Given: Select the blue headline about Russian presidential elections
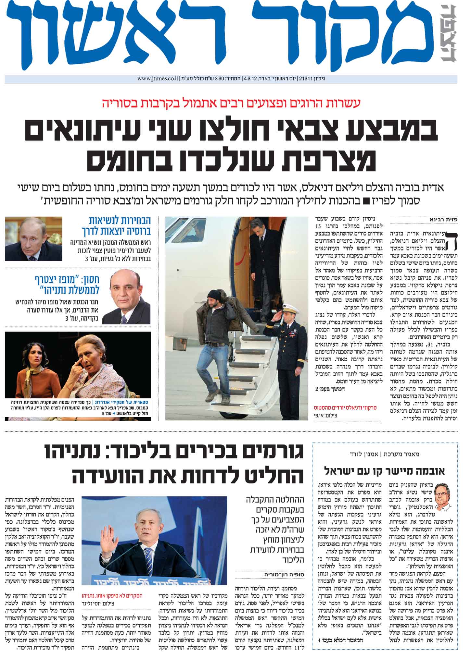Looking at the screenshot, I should (x=116, y=226).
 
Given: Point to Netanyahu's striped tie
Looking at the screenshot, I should (x=148, y=558).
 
